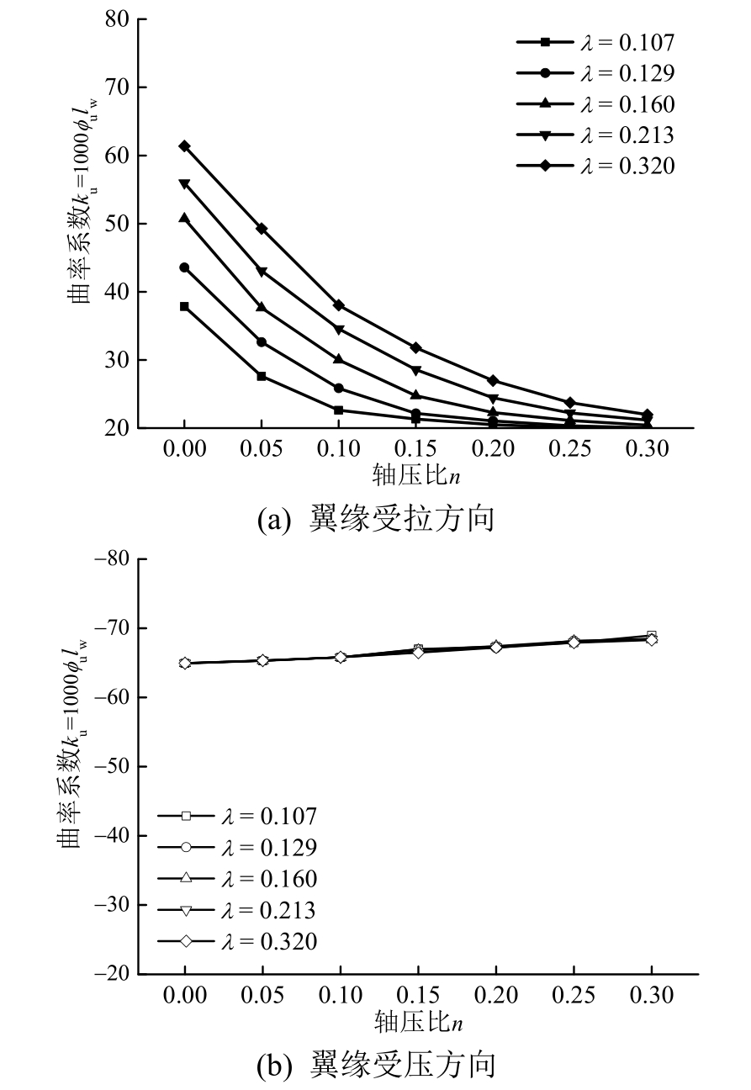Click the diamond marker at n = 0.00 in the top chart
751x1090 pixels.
pos(184,146)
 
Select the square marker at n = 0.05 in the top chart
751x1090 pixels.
pos(262,376)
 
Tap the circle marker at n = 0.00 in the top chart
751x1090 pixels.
pos(184,267)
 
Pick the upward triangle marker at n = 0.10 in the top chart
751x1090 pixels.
pos(338,359)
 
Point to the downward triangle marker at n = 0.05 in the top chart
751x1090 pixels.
pos(262,271)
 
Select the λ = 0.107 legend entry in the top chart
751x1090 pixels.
pos(596,41)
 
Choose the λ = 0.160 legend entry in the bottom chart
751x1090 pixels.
pos(239,878)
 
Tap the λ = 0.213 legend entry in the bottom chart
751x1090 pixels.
pos(239,909)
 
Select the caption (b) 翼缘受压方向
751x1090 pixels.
pos(376,1065)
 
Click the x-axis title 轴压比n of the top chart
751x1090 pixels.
pos(418,475)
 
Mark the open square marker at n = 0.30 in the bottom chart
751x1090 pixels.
pos(651,636)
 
